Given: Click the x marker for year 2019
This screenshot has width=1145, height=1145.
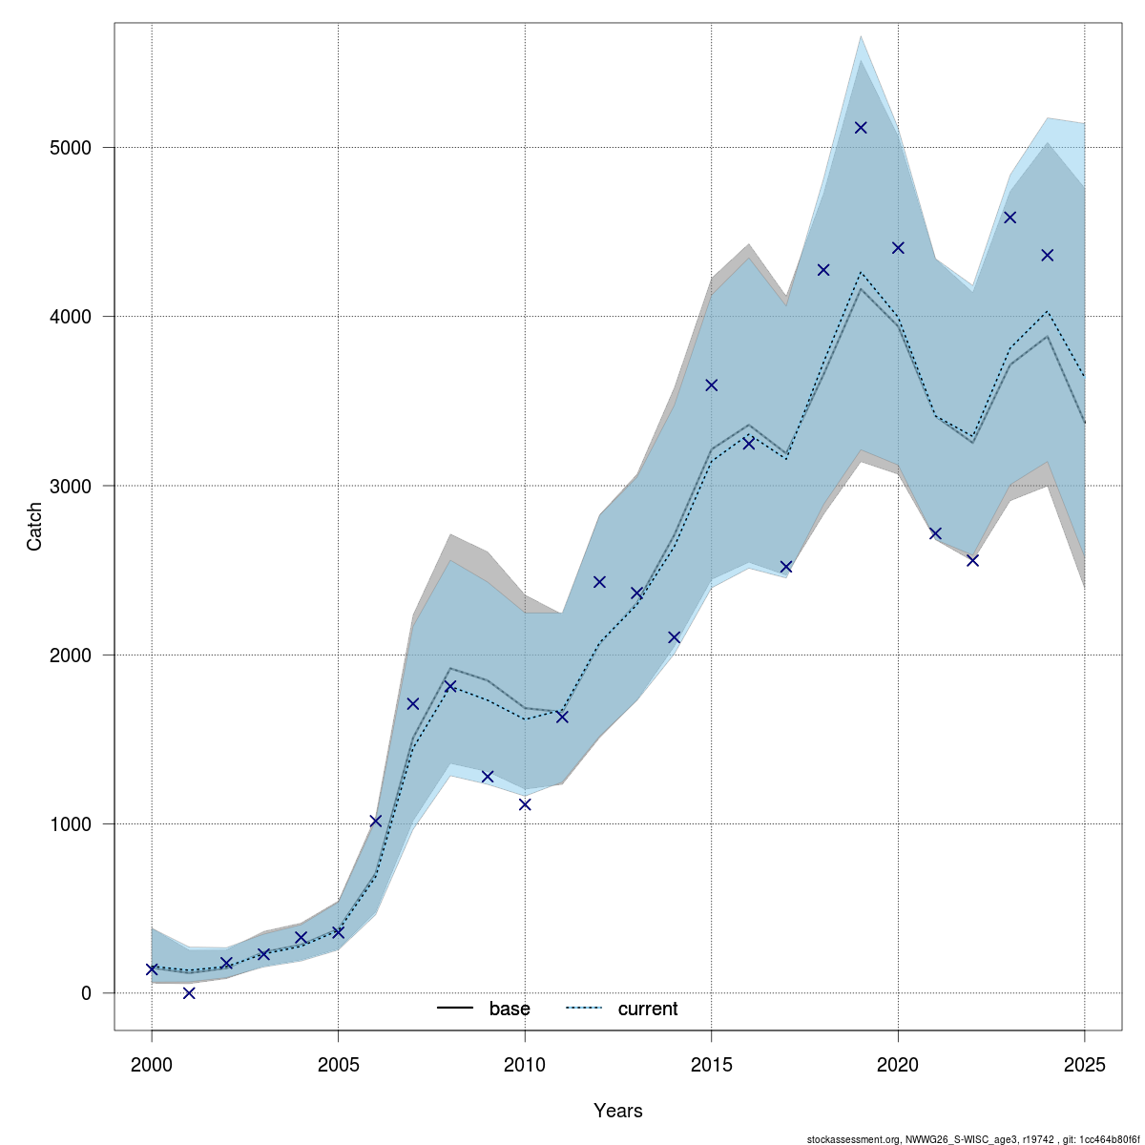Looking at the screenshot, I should pos(861,127).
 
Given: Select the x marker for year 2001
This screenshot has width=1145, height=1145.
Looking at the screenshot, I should pos(189,992).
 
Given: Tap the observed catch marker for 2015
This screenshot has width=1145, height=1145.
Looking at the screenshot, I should pos(711,385).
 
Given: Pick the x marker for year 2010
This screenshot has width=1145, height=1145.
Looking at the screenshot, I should pos(525,804).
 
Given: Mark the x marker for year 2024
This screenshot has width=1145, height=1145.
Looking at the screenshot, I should pos(1047,255).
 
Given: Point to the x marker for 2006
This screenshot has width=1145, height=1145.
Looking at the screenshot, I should pos(375,821).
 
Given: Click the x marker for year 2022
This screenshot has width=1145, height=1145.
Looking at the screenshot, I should pos(972,560).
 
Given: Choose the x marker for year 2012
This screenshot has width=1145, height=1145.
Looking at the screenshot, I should pos(599,582).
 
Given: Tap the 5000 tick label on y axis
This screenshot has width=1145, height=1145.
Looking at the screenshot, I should pos(72,148).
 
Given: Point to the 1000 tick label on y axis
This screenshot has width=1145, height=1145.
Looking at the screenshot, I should pos(72,824).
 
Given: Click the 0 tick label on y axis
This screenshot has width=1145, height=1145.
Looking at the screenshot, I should pos(86,993).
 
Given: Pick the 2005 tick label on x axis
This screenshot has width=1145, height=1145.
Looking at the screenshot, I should pos(338,1064).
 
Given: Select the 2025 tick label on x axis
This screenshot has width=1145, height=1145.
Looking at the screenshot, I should pos(1085,1064).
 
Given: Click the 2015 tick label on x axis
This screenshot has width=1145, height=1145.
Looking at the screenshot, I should pos(711,1064).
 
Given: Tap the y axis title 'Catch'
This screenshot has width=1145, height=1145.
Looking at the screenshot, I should pos(35,527).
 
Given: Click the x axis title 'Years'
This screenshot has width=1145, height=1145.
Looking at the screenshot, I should pos(618,1111).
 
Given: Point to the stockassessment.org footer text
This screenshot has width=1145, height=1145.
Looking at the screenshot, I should pos(973,1138).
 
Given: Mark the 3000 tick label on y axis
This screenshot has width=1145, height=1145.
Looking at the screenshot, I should pos(72,486).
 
